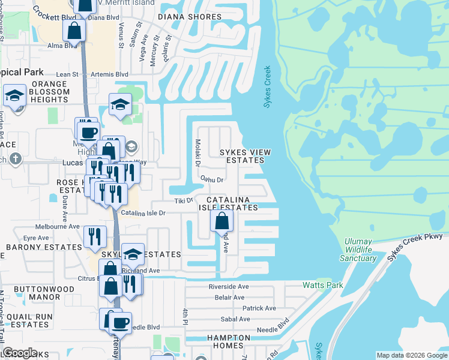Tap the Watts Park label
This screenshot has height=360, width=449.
[x=323, y=285]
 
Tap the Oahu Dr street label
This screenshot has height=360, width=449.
[x=211, y=179]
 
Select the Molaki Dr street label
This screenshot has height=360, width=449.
[x=197, y=153]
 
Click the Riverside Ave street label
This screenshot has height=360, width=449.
[x=229, y=287]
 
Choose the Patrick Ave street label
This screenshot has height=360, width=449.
[x=259, y=308]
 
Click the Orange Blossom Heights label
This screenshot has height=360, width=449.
[x=42, y=92]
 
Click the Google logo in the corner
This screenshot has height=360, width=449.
[x=20, y=353]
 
